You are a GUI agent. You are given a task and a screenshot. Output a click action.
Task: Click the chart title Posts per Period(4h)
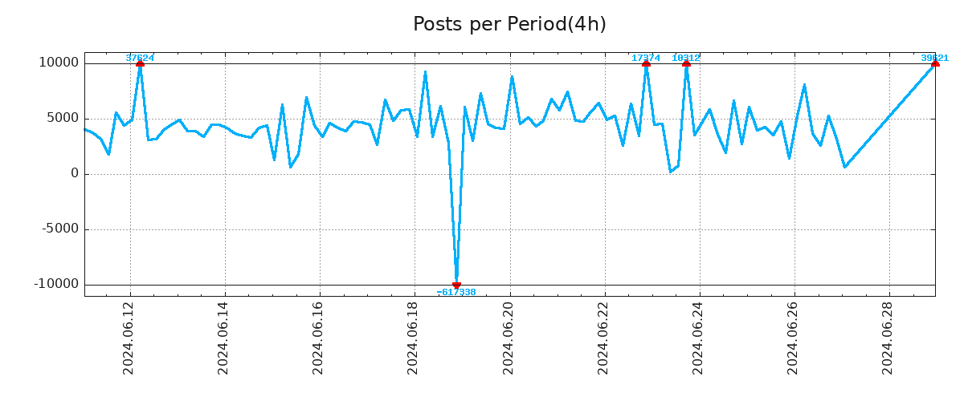tap(509, 25)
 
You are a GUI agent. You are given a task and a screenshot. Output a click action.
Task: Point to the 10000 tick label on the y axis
tap(59, 63)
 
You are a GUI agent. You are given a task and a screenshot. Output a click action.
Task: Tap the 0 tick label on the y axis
tap(75, 174)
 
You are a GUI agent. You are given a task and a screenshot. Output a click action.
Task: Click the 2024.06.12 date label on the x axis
tap(129, 341)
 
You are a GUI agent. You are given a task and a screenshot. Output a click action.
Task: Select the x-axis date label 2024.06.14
tap(223, 341)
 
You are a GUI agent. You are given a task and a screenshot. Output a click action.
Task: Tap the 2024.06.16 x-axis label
tap(318, 341)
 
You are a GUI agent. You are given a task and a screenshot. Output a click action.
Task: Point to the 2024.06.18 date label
tap(413, 341)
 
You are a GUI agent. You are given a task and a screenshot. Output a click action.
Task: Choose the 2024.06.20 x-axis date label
tap(508, 341)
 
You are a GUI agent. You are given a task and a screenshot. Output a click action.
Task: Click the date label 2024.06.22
tap(602, 341)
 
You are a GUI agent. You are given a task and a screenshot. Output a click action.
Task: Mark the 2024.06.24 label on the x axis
tap(697, 341)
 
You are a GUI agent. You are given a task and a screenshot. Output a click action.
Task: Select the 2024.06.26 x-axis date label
tap(793, 341)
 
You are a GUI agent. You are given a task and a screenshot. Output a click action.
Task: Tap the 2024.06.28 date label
tap(888, 341)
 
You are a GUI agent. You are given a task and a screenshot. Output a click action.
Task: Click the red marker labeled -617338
tap(456, 285)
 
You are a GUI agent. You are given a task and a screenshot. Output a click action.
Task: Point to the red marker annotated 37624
tap(140, 63)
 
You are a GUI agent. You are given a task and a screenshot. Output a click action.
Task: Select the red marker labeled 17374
tap(646, 63)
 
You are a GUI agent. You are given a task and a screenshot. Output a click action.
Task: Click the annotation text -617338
tap(456, 293)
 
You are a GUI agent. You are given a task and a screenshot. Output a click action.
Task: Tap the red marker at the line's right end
tap(934, 63)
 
